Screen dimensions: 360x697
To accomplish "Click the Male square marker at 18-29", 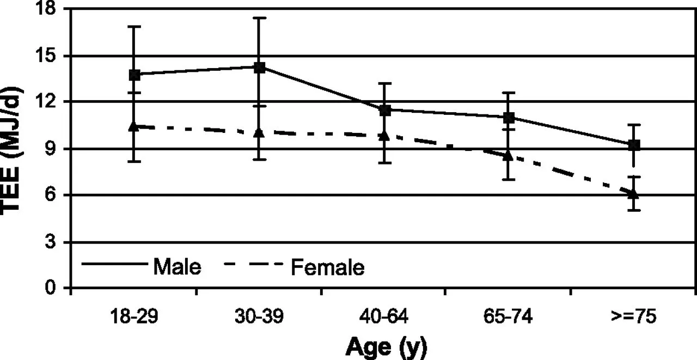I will coord(134,75).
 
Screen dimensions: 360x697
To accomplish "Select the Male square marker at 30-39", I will coord(260,68).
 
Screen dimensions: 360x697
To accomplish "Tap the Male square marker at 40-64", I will coord(385,110).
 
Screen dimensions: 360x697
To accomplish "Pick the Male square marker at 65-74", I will coord(509,117).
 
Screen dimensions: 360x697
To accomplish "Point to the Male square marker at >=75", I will coord(634,145).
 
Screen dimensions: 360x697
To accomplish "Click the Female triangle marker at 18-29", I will coord(134,126).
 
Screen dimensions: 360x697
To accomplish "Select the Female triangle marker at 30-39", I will coord(260,132).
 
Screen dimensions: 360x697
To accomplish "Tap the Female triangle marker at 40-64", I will coord(384,135).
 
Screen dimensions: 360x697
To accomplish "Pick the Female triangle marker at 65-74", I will coord(509,155).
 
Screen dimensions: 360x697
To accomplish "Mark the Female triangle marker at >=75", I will coord(634,194).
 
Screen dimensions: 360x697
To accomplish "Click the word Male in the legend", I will coord(178,267).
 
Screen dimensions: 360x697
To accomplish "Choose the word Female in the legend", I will coord(328,267).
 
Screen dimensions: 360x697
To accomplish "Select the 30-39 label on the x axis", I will coord(259,316).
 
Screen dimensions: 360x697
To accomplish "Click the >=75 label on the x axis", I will coord(634,316).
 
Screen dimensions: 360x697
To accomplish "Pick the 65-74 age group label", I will coord(509,316).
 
